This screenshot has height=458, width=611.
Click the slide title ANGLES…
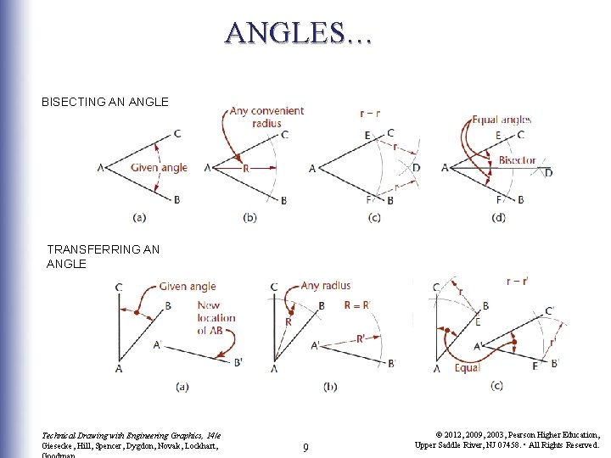point(298,33)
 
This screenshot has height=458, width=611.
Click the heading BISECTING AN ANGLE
point(105,102)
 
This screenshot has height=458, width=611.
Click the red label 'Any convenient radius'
point(266,117)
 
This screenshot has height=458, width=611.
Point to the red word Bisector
point(517,159)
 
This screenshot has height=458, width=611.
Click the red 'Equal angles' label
point(502,120)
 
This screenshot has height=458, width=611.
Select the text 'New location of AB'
point(216,318)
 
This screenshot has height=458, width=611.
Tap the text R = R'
point(357,305)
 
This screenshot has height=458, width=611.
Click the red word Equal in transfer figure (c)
point(467,368)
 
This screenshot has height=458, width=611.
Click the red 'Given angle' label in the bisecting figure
point(159,167)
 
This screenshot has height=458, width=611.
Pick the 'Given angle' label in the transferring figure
point(188,287)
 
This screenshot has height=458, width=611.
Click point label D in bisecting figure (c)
point(416,167)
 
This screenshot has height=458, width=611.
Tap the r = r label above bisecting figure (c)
point(369,113)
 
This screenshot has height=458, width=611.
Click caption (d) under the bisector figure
point(498,218)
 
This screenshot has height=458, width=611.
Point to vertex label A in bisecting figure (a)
point(101,168)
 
